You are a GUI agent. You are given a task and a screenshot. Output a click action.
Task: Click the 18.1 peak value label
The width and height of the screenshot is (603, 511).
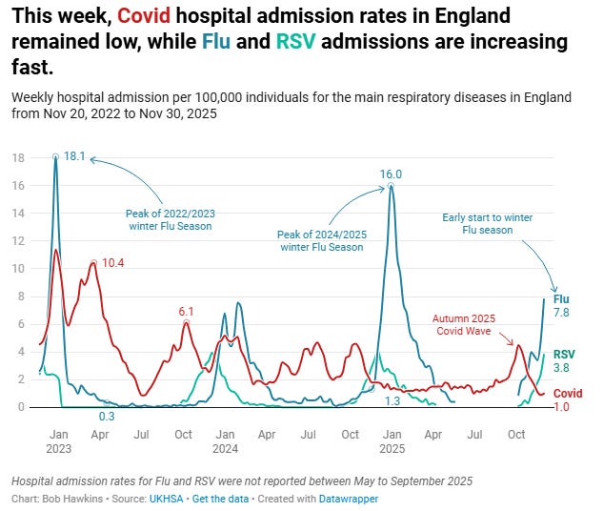pyautogui.click(x=75, y=155)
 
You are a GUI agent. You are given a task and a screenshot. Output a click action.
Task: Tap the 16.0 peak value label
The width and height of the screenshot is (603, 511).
pyautogui.click(x=392, y=174)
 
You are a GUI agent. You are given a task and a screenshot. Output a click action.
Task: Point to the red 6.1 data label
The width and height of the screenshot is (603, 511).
pyautogui.click(x=186, y=311)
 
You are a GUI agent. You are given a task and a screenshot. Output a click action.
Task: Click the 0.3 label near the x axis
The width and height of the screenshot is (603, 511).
pyautogui.click(x=109, y=416)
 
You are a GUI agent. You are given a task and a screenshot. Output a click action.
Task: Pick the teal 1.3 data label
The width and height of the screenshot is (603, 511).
pyautogui.click(x=391, y=401)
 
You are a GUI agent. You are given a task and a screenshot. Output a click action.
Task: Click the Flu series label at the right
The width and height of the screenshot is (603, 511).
pyautogui.click(x=562, y=298)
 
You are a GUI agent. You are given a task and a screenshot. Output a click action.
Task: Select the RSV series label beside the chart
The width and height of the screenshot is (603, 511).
pyautogui.click(x=565, y=354)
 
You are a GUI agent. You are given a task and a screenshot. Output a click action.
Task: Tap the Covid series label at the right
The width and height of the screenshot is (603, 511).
pyautogui.click(x=568, y=393)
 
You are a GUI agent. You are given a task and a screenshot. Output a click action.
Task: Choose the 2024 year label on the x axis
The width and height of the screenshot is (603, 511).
pyautogui.click(x=225, y=447)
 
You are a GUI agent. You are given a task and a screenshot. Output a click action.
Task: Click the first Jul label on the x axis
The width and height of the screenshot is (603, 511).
pyautogui.click(x=140, y=434)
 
